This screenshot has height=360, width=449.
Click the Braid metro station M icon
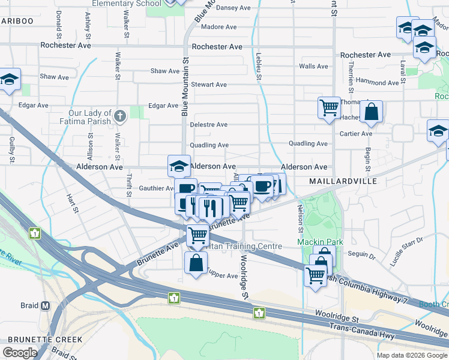tap(46, 306)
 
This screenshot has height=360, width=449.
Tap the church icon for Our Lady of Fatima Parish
tap(121, 116)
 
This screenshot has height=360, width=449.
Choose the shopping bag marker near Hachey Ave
tap(372, 112)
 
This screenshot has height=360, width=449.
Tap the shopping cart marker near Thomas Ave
tap(329, 109)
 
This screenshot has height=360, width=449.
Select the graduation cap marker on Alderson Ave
tap(178, 166)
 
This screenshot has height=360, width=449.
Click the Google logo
tap(20, 353)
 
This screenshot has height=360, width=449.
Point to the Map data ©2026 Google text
tap(412, 355)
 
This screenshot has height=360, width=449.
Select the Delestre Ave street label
tap(208, 125)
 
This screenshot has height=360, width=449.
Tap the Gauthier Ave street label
tap(156, 188)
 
